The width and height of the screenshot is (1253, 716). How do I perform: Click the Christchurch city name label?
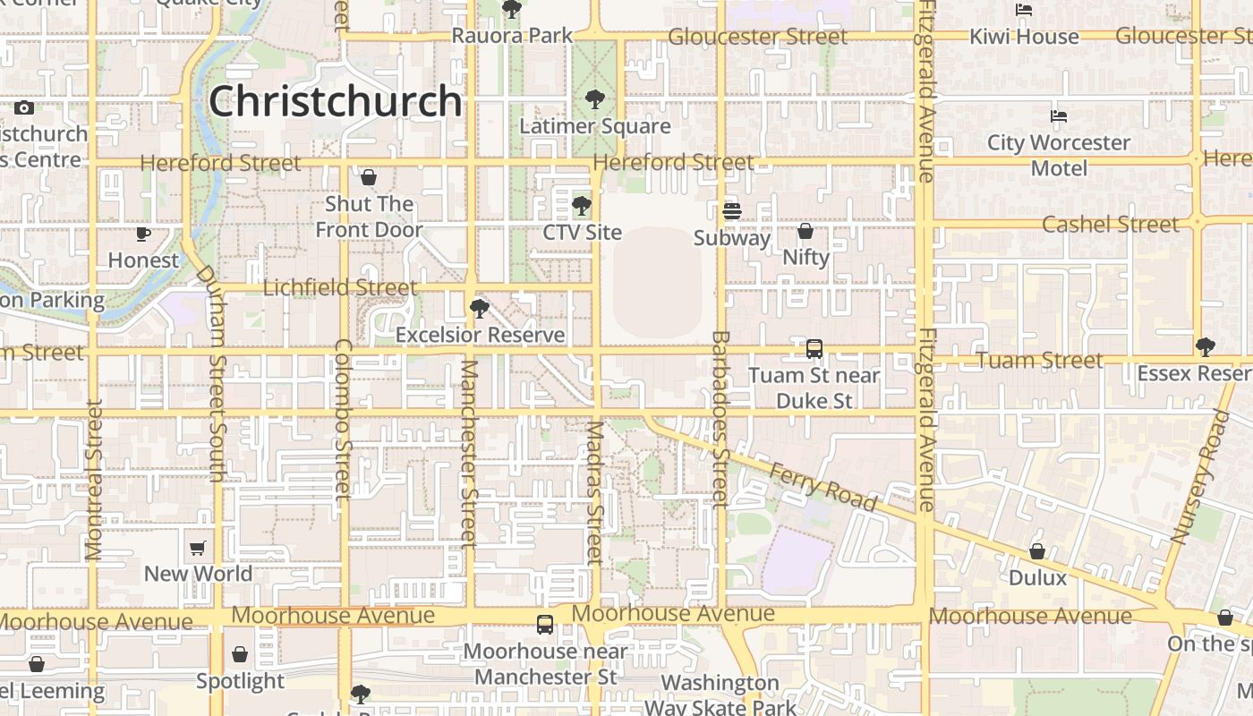(336, 101)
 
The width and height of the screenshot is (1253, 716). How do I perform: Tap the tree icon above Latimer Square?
(594, 98)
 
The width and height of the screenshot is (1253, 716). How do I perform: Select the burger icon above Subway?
(732, 211)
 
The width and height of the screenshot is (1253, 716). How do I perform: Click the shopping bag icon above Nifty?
(805, 231)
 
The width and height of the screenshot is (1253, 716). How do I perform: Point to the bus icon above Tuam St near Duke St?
(814, 349)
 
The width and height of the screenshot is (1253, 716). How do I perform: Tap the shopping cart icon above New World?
(198, 547)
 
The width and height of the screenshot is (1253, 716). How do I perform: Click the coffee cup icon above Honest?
(143, 234)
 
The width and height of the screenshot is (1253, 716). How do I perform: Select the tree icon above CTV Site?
(582, 206)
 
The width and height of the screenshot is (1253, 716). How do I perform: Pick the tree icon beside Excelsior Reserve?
(480, 309)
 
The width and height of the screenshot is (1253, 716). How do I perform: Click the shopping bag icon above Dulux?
(1037, 550)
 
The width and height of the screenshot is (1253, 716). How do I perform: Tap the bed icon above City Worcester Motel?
(1059, 116)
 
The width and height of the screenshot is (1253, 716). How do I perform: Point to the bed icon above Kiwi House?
(1024, 10)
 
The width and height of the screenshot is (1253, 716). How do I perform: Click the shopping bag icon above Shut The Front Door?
(369, 177)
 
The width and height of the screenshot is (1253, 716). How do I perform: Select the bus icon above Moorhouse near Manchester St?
(545, 625)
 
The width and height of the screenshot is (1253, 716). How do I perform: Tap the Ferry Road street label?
(823, 487)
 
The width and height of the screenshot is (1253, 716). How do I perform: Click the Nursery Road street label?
(1201, 477)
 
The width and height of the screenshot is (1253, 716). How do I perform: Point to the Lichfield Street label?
(340, 287)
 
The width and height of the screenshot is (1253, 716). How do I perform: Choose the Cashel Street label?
(1110, 224)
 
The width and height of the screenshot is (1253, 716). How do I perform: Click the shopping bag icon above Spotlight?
(240, 655)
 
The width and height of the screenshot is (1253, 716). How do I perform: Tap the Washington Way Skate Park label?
(720, 695)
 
